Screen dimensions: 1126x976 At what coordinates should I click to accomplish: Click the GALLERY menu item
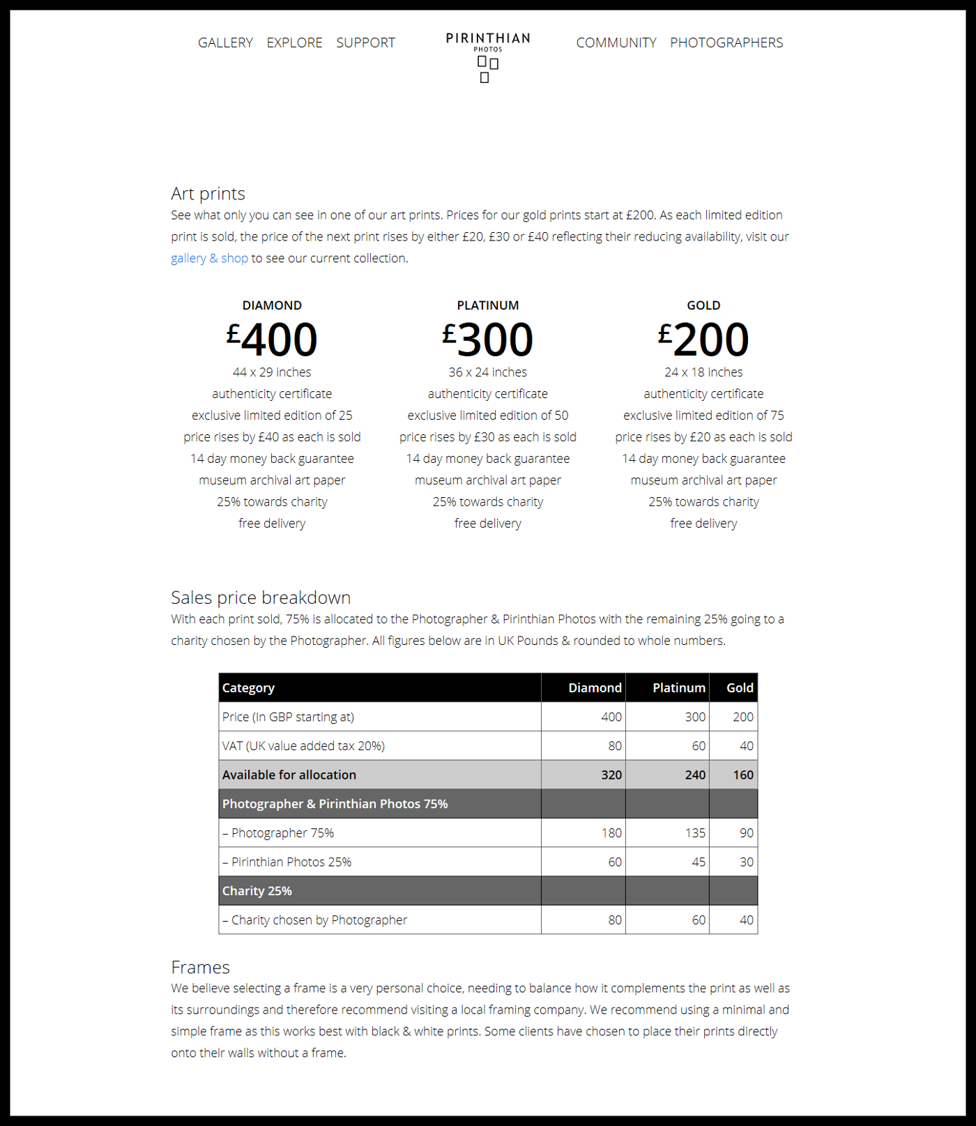pyautogui.click(x=225, y=43)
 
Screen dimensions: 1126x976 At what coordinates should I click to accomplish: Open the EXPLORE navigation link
pyautogui.click(x=294, y=43)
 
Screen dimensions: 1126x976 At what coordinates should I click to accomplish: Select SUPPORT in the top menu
pyautogui.click(x=365, y=43)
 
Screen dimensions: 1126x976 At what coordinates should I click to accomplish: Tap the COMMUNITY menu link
pyautogui.click(x=616, y=43)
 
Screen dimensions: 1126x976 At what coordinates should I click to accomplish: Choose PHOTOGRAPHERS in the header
pyautogui.click(x=726, y=43)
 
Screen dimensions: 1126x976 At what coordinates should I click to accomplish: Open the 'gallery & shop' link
pyautogui.click(x=209, y=258)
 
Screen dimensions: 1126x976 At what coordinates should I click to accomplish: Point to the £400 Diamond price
pyautogui.click(x=272, y=340)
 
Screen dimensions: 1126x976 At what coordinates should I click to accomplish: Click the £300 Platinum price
pyautogui.click(x=488, y=340)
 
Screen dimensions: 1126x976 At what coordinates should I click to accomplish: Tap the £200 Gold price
pyautogui.click(x=703, y=340)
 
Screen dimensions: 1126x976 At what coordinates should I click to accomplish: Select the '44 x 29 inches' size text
pyautogui.click(x=272, y=372)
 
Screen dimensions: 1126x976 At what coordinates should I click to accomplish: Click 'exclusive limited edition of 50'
pyautogui.click(x=488, y=416)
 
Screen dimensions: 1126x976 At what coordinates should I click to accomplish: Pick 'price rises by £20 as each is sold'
pyautogui.click(x=703, y=437)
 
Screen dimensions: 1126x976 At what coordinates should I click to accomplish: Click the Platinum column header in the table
pyautogui.click(x=678, y=688)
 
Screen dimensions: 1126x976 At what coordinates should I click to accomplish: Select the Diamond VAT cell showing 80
pyautogui.click(x=614, y=746)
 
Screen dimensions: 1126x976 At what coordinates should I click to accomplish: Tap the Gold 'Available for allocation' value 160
pyautogui.click(x=742, y=775)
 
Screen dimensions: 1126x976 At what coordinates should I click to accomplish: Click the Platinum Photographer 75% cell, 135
pyautogui.click(x=694, y=833)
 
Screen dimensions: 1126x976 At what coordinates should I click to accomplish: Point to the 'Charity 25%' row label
pyautogui.click(x=257, y=891)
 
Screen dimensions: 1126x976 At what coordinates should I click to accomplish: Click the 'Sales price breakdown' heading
pyautogui.click(x=261, y=598)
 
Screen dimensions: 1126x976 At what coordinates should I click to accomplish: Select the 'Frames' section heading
pyautogui.click(x=200, y=967)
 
